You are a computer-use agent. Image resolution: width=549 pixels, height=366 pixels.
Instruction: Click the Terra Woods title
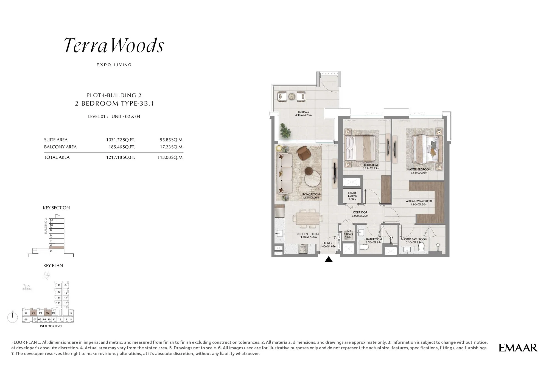click(x=114, y=46)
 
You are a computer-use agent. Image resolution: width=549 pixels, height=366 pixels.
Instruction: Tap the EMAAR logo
click(x=518, y=348)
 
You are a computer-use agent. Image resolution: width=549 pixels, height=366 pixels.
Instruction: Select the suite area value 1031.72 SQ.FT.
click(x=121, y=140)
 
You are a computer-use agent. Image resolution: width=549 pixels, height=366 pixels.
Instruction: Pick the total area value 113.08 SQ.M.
click(x=170, y=157)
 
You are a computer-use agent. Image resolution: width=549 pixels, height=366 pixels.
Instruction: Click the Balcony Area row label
click(x=60, y=147)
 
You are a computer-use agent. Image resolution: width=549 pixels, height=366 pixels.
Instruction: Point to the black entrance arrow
click(x=329, y=259)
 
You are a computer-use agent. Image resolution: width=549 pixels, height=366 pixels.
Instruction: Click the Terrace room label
click(x=303, y=113)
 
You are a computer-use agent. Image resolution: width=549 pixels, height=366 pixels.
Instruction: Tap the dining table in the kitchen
click(x=307, y=219)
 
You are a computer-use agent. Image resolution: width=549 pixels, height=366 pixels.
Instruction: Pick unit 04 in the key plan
click(x=33, y=313)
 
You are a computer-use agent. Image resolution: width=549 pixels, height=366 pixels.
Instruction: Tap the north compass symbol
click(x=13, y=317)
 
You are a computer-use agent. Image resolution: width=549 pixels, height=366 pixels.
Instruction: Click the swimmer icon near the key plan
click(x=27, y=288)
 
